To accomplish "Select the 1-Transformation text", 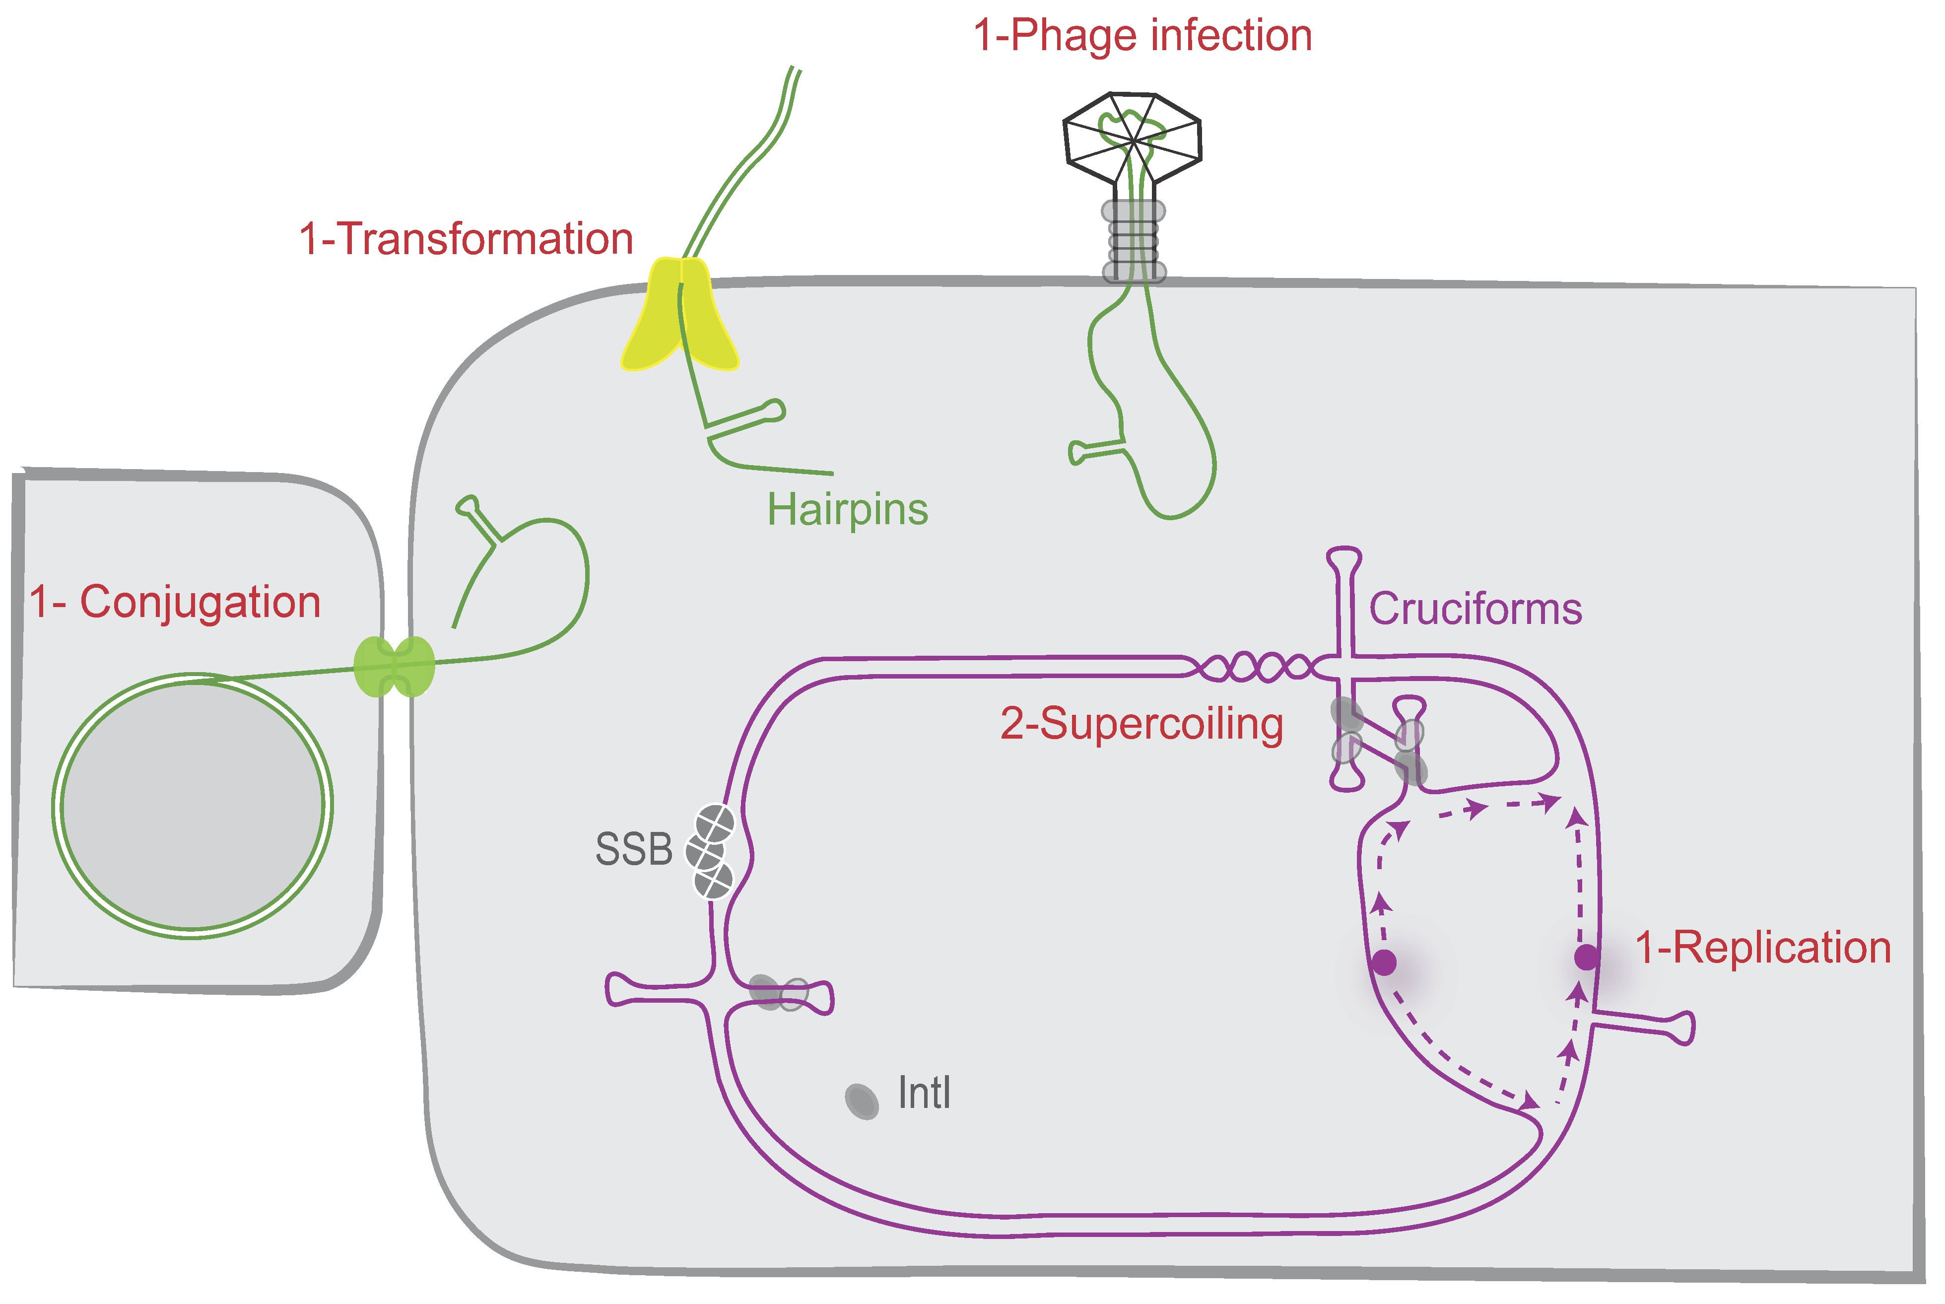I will click(467, 240).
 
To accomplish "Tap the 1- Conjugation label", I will click(176, 602).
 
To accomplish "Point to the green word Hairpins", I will click(847, 509).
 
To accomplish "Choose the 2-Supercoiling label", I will click(1141, 724).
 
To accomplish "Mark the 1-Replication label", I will click(1763, 948).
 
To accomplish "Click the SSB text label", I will click(634, 850).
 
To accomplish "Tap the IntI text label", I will click(924, 1093).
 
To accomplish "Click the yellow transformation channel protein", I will click(680, 316).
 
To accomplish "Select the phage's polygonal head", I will click(1133, 137).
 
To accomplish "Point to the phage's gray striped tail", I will click(1134, 241).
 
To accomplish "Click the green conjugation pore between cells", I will click(394, 666).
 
